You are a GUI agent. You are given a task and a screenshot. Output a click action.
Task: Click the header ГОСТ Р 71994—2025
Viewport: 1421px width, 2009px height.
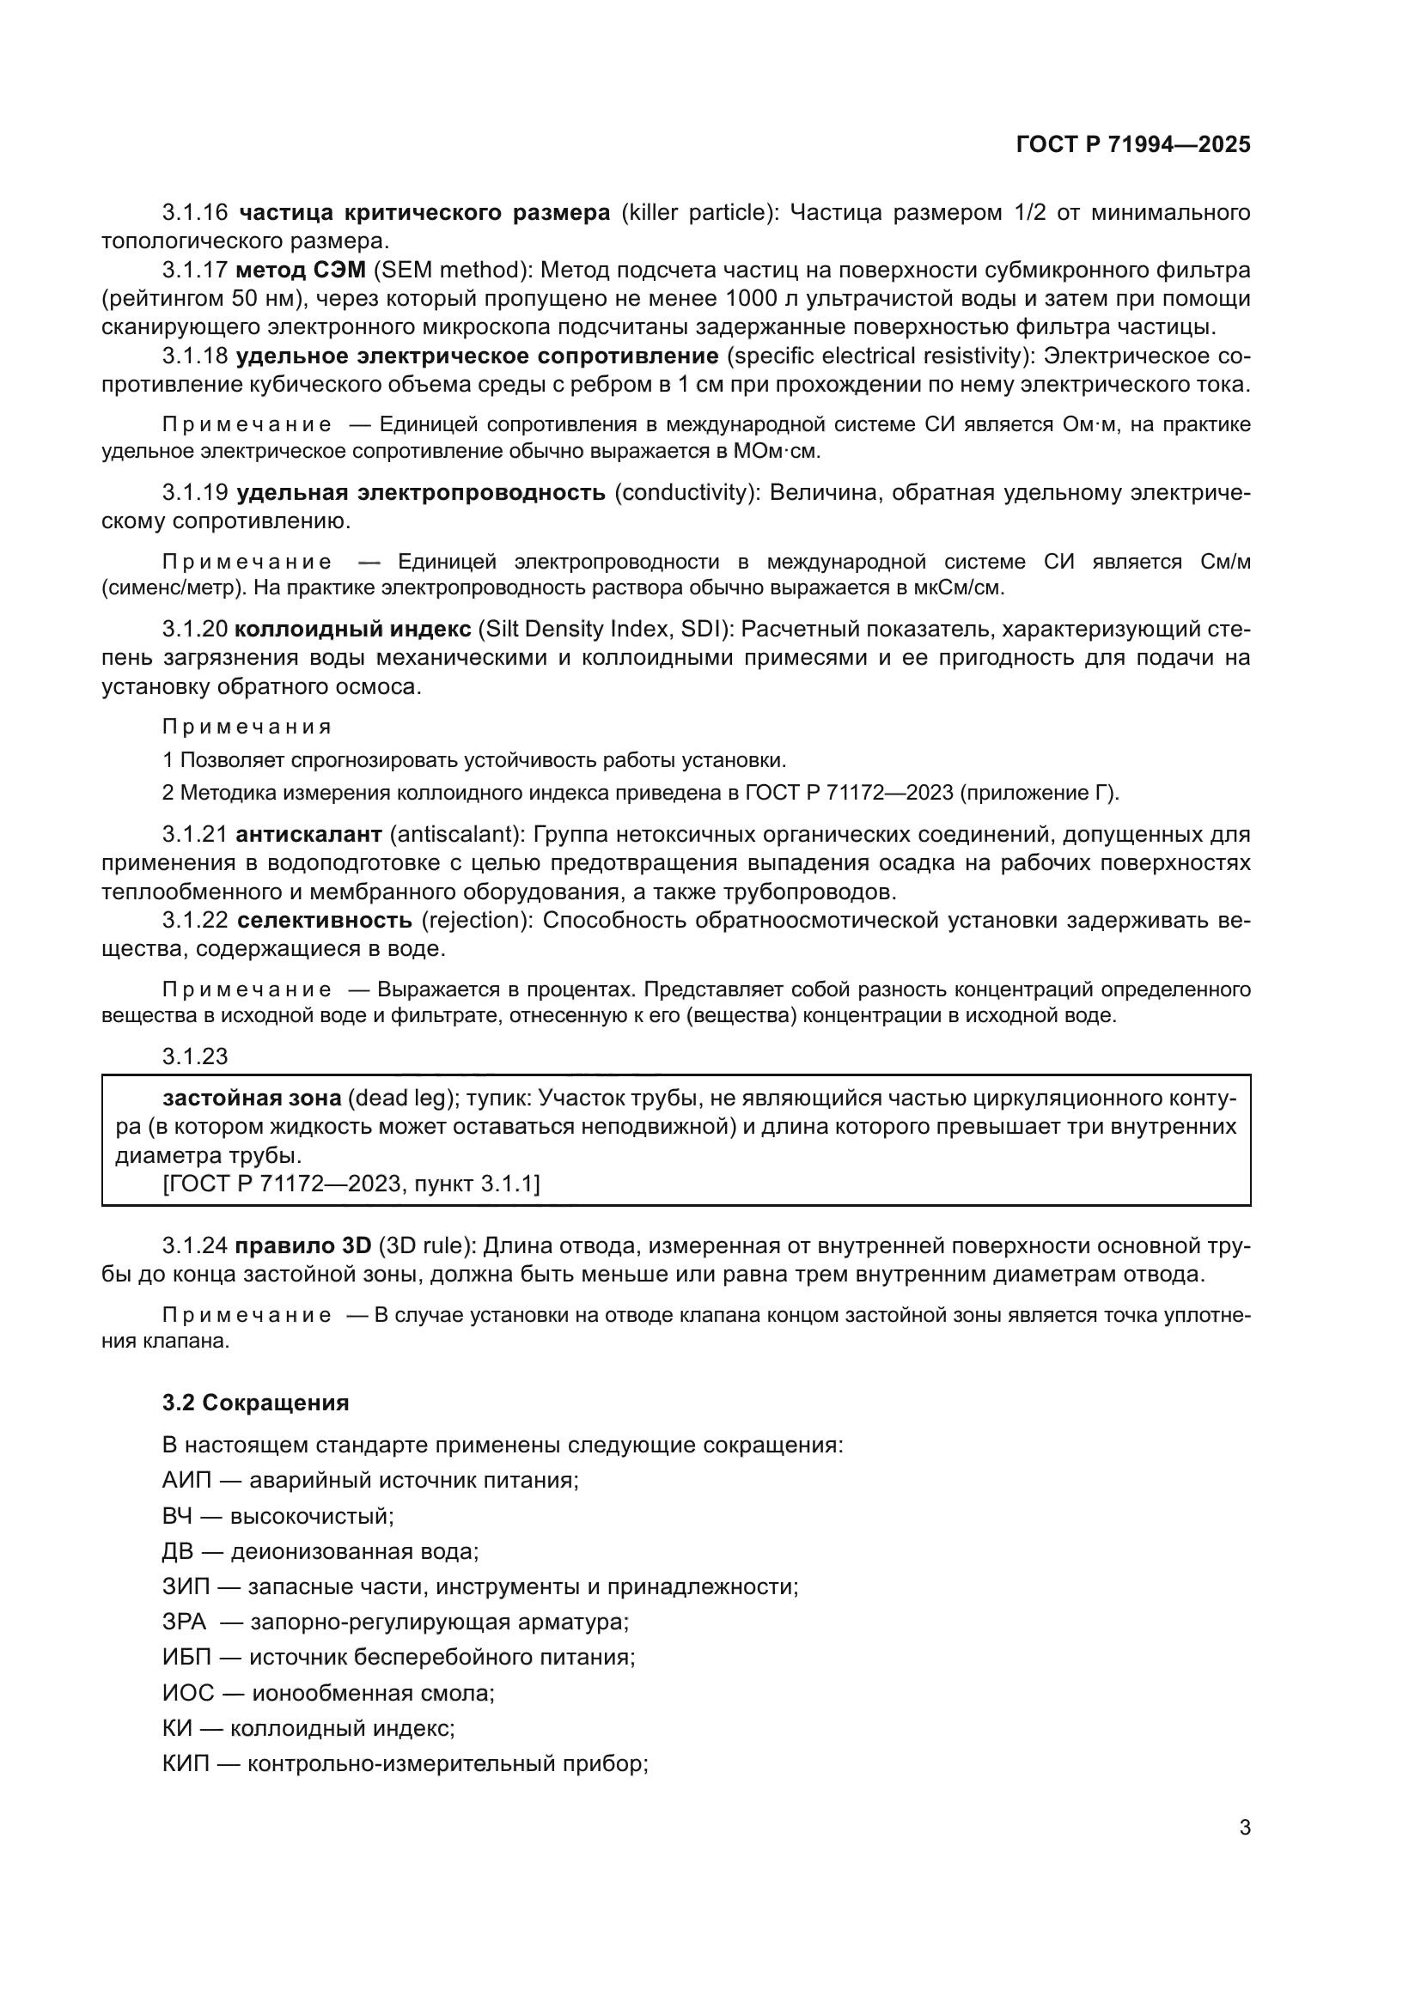pyautogui.click(x=1133, y=144)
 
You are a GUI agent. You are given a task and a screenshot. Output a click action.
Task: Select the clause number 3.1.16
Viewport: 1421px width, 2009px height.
pyautogui.click(x=194, y=213)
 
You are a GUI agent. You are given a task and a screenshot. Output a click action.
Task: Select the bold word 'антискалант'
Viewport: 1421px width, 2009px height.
pyautogui.click(x=309, y=834)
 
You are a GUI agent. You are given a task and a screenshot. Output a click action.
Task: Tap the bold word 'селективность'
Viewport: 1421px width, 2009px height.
pyautogui.click(x=325, y=920)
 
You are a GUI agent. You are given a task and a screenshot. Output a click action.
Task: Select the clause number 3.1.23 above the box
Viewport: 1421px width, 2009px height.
pyautogui.click(x=194, y=1056)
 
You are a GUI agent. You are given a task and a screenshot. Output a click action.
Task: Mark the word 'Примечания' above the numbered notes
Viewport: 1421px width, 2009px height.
pyautogui.click(x=247, y=728)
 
